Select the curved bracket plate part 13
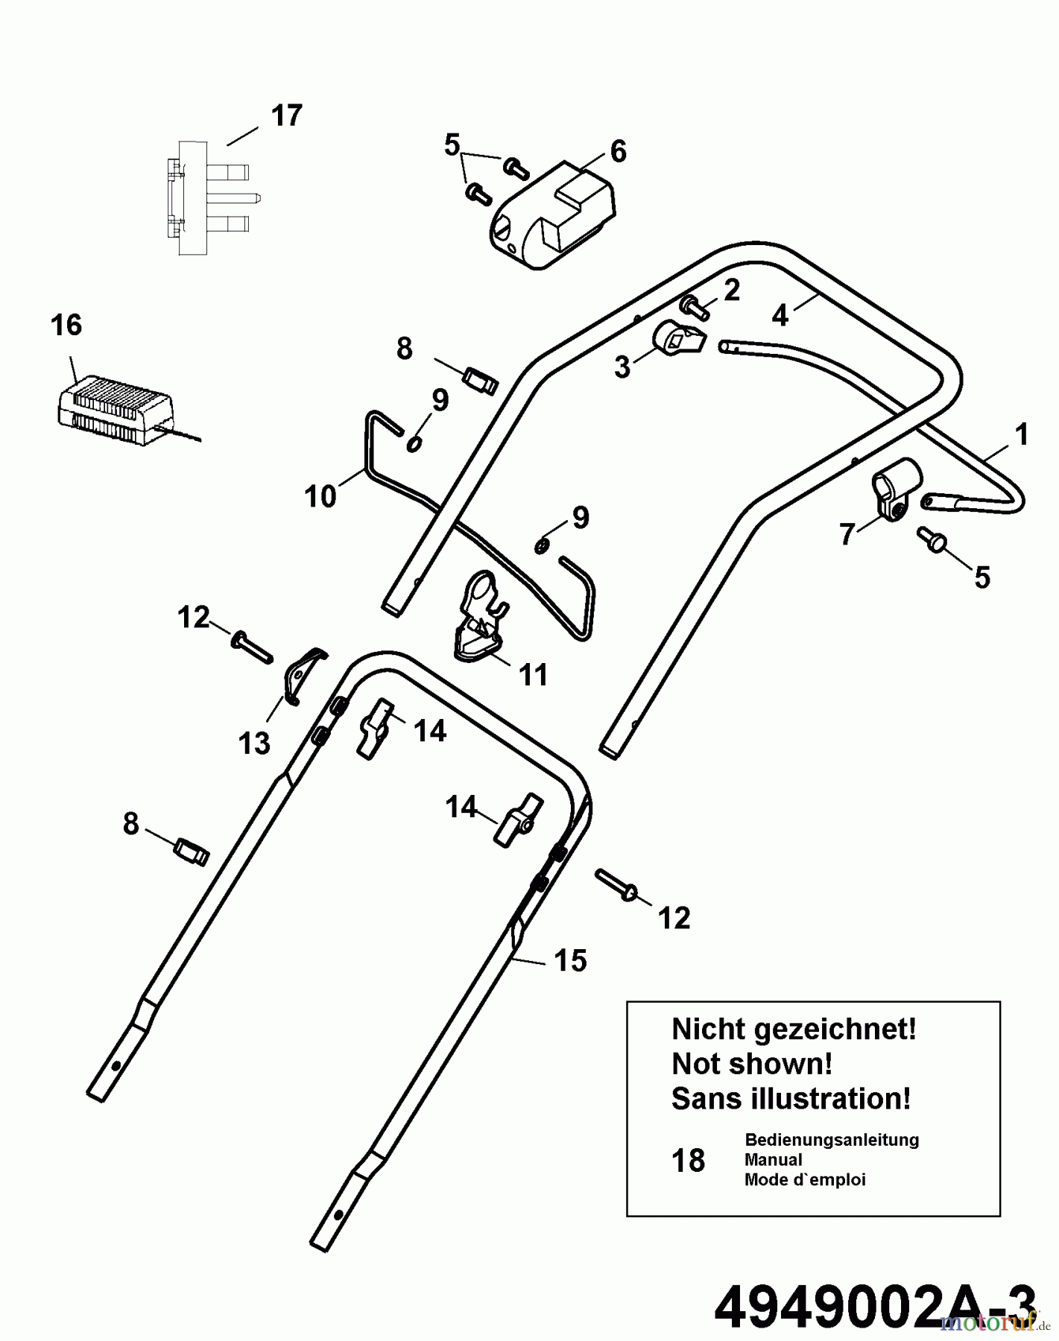pos(303,673)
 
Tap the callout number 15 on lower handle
pos(570,960)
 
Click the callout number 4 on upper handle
pos(780,316)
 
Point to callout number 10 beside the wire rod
pos(320,497)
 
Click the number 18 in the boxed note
pos(688,1161)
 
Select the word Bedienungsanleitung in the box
pos(831,1140)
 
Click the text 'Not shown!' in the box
pos(751,1064)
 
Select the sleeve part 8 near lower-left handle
pos(192,852)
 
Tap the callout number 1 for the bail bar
pos(1021,435)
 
